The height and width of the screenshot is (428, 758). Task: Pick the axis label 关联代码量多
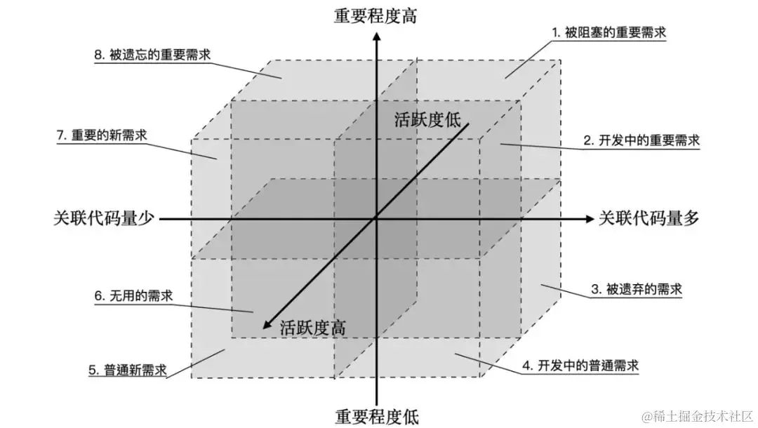pos(649,218)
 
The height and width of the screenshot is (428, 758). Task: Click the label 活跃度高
pos(312,327)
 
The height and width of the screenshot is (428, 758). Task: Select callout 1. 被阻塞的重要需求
pos(608,32)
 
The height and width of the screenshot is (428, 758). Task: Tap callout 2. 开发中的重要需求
pos(641,140)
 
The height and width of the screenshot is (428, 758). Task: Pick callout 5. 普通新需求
pos(128,370)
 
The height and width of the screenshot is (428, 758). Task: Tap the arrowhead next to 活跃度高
pos(267,324)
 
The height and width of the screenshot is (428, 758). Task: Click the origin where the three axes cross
pos(376,219)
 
